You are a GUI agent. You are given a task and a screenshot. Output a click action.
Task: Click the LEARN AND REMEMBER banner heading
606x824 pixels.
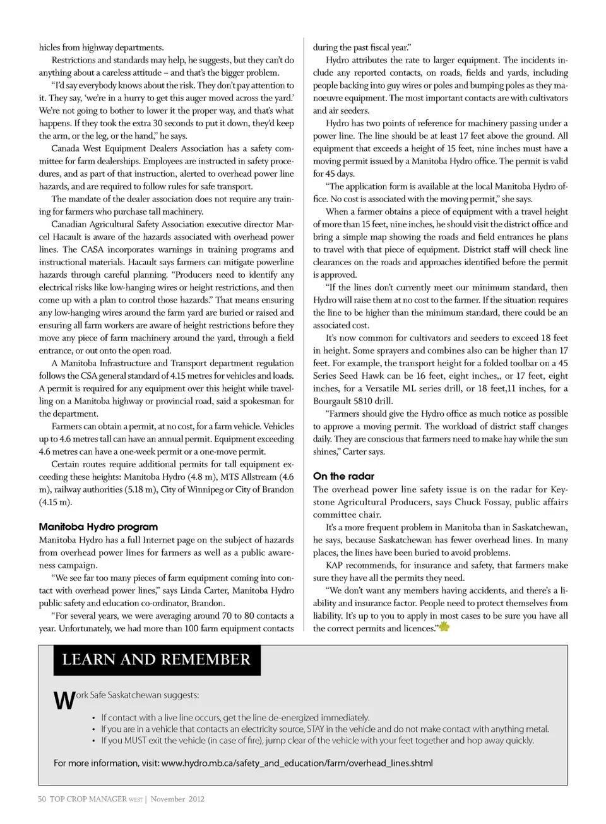pyautogui.click(x=156, y=660)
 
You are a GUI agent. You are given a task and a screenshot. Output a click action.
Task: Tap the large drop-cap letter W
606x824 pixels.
pyautogui.click(x=64, y=701)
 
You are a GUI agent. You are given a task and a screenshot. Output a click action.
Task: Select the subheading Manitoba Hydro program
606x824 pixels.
pyautogui.click(x=98, y=527)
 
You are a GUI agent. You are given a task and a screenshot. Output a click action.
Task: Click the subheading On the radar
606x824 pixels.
pyautogui.click(x=343, y=476)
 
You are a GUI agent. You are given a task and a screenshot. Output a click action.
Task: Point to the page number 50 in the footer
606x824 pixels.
pyautogui.click(x=42, y=799)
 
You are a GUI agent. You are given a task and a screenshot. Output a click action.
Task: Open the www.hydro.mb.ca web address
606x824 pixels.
pyautogui.click(x=297, y=763)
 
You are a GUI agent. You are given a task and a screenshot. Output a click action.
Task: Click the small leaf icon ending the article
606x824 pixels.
pyautogui.click(x=444, y=627)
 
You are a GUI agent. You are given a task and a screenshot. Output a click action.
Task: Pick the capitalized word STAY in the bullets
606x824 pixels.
pyautogui.click(x=316, y=729)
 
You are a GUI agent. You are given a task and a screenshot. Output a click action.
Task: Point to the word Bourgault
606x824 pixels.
pyautogui.click(x=333, y=401)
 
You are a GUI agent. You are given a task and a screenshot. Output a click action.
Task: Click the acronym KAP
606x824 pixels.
pyautogui.click(x=335, y=565)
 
